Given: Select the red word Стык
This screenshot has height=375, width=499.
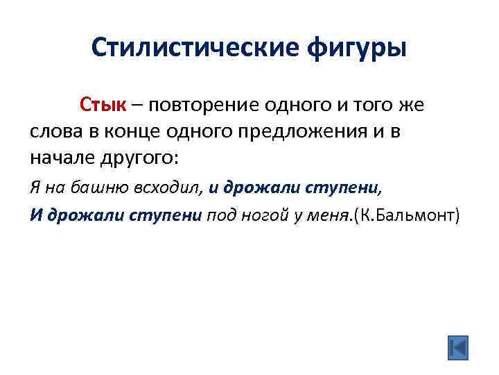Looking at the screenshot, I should pyautogui.click(x=103, y=105).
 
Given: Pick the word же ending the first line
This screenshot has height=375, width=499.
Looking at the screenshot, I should pyautogui.click(x=410, y=105).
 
